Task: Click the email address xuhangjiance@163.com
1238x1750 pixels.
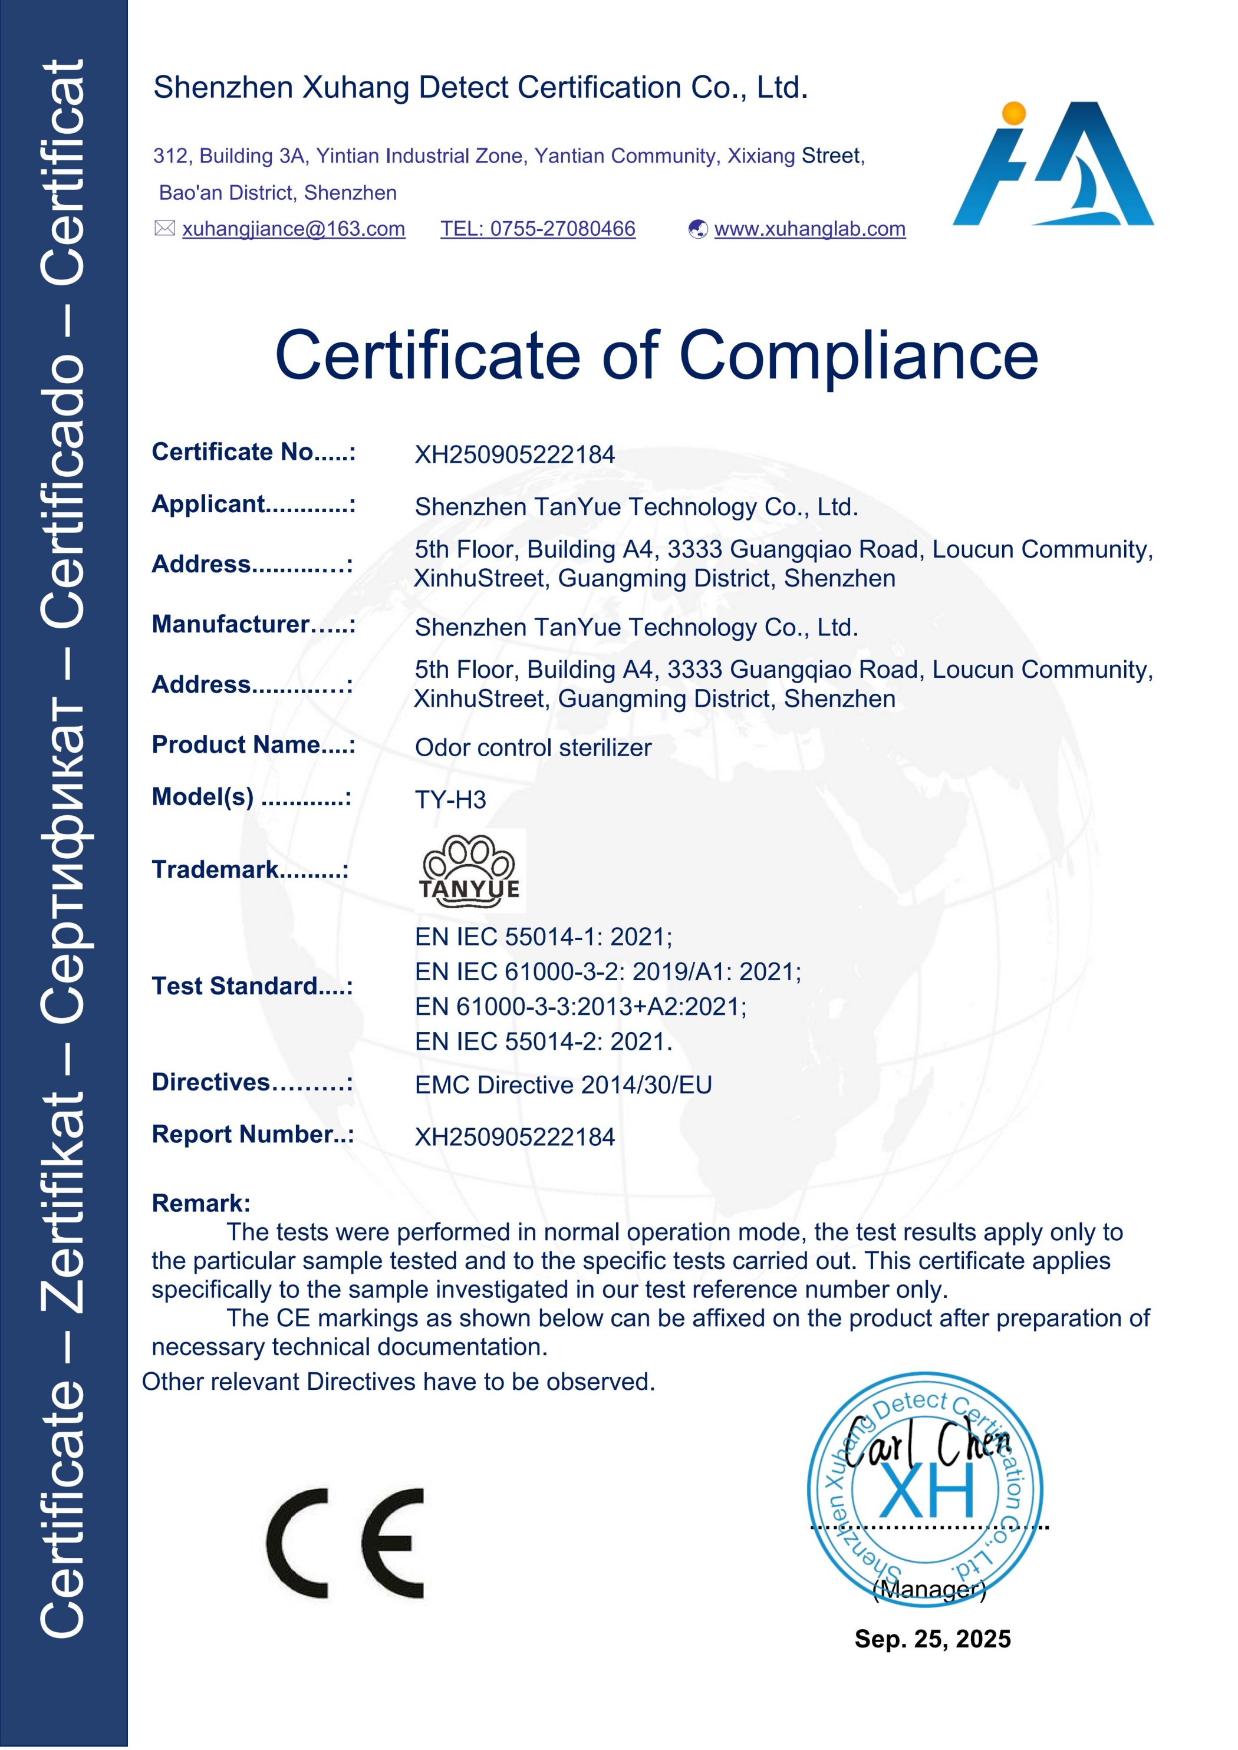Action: [x=294, y=229]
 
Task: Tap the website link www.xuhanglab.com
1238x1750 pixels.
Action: [x=809, y=229]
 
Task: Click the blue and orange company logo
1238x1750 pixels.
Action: [x=1054, y=164]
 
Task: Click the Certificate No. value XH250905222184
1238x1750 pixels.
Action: [x=515, y=455]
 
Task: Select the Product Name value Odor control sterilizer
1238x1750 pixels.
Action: [x=533, y=748]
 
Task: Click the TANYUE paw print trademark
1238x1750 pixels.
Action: [x=470, y=871]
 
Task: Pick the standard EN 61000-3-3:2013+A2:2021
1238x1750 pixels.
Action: [x=581, y=1007]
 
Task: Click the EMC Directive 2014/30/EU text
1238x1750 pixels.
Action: [x=564, y=1085]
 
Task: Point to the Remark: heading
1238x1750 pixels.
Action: [x=201, y=1203]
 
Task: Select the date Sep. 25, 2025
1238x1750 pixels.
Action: [x=932, y=1639]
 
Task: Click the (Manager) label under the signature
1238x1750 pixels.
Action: [x=929, y=1589]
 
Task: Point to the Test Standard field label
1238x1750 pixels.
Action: [x=252, y=986]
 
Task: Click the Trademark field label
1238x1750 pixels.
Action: [x=250, y=869]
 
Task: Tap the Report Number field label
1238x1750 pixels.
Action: [x=253, y=1134]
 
